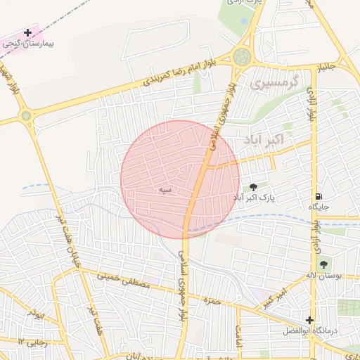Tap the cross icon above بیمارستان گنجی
[27, 32]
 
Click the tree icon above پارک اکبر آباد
[253, 187]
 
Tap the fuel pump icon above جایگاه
[319, 196]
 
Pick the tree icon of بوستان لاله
[323, 265]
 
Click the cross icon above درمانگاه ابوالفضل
[309, 320]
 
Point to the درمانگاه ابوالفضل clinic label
[320, 330]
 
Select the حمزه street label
[212, 302]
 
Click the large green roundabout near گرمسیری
[242, 57]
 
